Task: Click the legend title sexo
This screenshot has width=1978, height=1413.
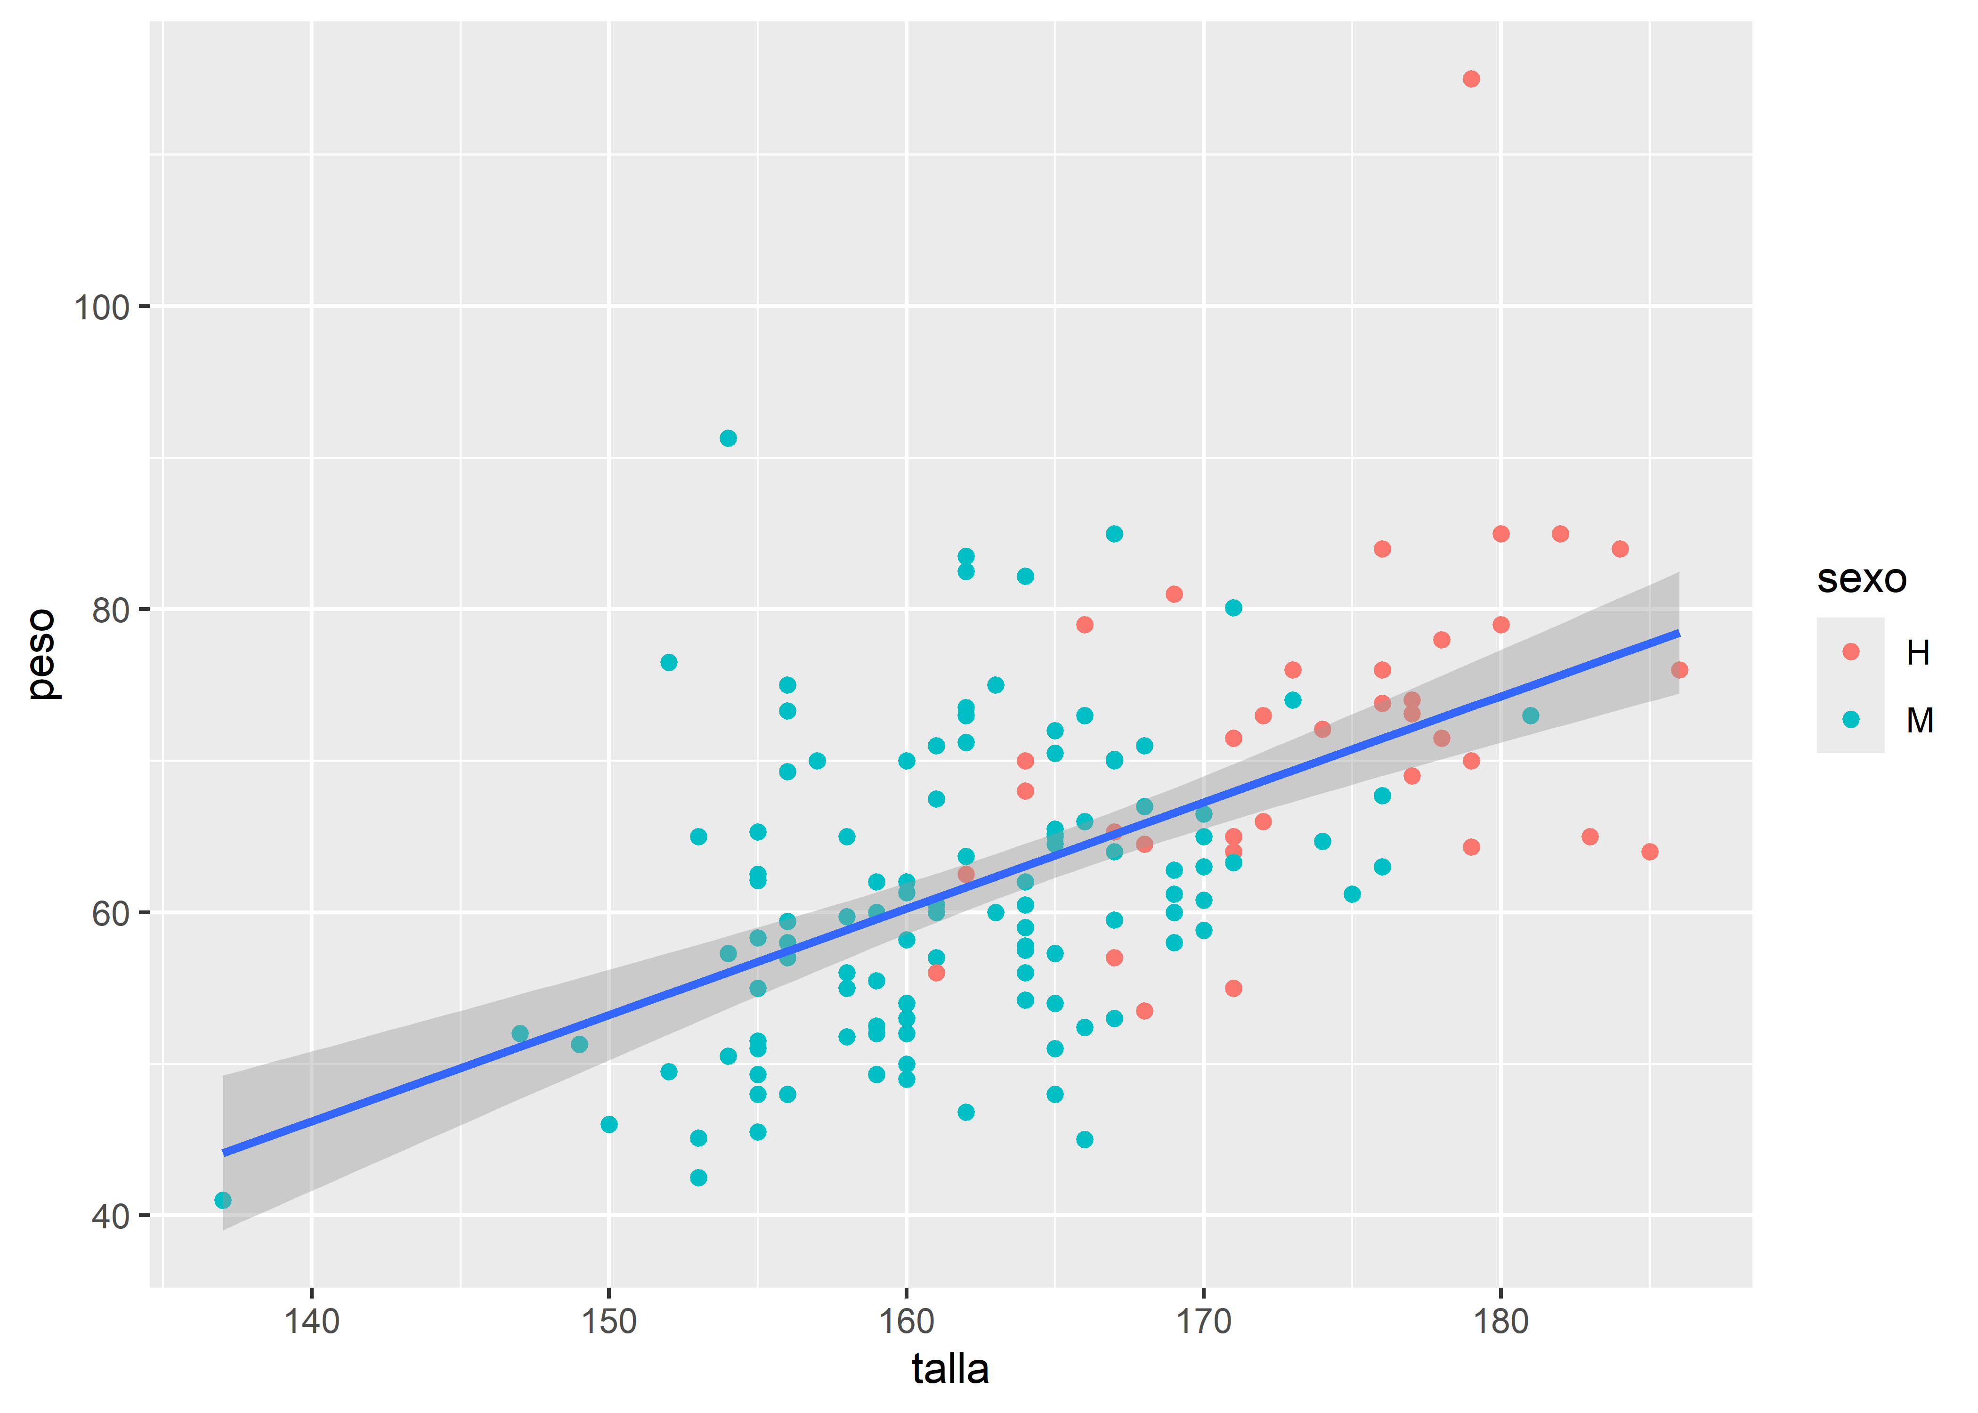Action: [x=1862, y=578]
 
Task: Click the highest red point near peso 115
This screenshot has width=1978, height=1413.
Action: [x=1471, y=79]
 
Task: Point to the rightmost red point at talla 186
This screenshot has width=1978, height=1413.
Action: [x=1679, y=670]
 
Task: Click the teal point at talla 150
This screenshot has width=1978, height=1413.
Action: [x=609, y=1125]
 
